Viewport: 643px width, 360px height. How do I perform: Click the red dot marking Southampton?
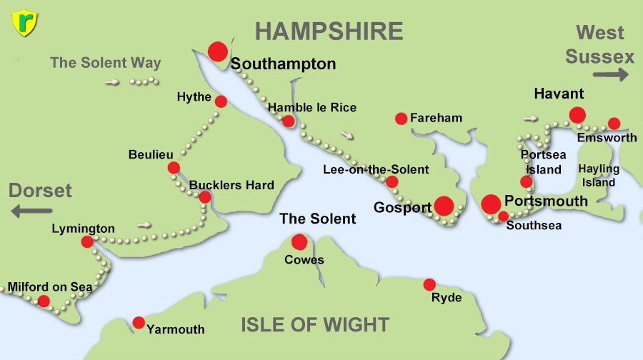click(217, 51)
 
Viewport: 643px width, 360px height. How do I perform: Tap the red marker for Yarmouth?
click(139, 322)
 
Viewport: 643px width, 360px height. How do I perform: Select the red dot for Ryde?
click(429, 284)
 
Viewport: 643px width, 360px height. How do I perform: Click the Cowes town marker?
click(299, 241)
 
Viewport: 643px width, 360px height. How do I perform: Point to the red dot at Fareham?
click(401, 119)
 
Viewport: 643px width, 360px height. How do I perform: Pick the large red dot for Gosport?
click(444, 206)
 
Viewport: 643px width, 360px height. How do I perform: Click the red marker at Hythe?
click(221, 101)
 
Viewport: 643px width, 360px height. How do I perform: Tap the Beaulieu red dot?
click(174, 168)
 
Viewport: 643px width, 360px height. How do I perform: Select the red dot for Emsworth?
click(614, 124)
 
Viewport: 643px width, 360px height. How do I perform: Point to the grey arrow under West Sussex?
click(610, 74)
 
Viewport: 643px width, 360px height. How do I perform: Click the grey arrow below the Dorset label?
click(32, 211)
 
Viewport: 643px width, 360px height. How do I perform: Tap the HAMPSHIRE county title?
click(329, 31)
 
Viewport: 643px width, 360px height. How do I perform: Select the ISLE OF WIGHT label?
click(315, 324)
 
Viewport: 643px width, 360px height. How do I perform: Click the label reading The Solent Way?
click(105, 63)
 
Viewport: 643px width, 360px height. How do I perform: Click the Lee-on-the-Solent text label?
click(376, 169)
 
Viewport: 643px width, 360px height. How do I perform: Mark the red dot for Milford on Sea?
click(44, 301)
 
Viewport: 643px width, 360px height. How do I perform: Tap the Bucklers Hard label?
click(231, 185)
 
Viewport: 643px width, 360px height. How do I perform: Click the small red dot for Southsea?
click(503, 216)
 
